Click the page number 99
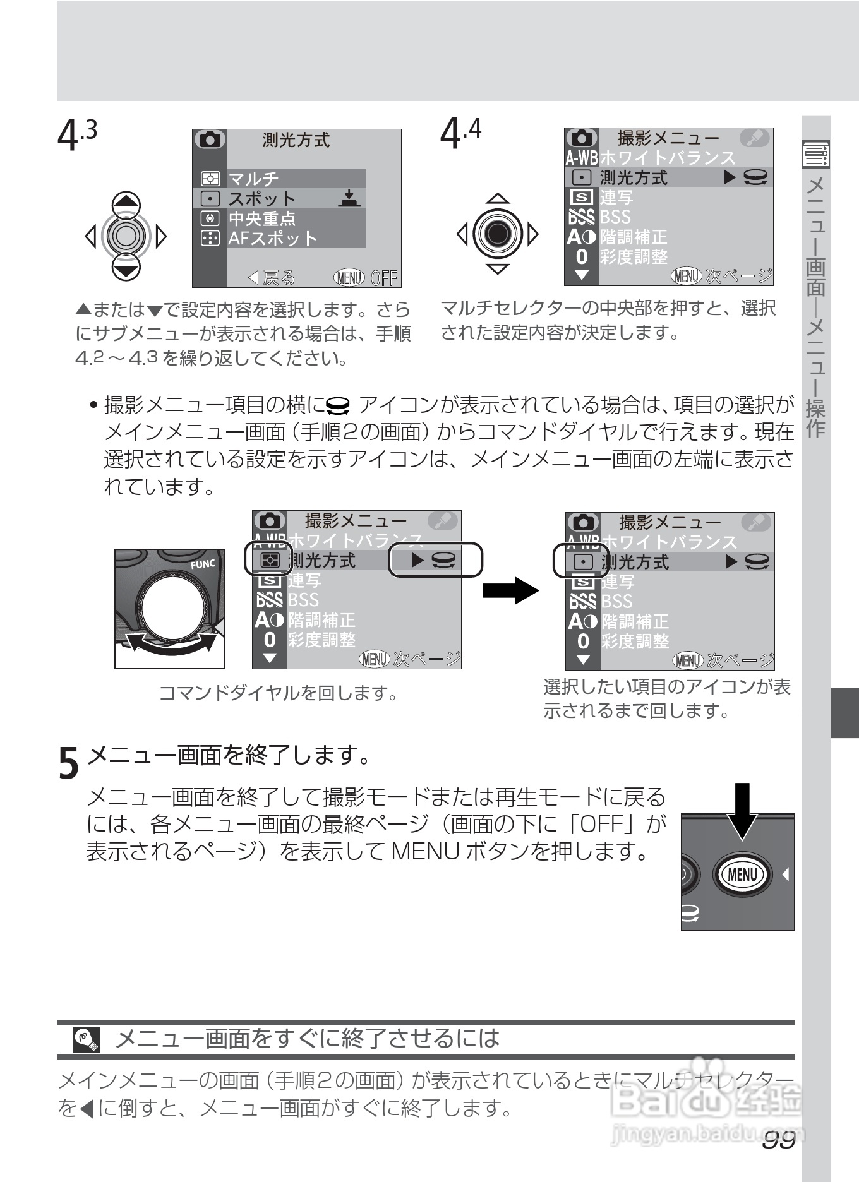(778, 1140)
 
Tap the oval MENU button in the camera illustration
(742, 875)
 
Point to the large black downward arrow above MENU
(743, 811)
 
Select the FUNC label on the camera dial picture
(203, 564)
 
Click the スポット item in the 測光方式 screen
(261, 199)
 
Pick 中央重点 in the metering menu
(262, 218)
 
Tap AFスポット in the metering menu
(272, 238)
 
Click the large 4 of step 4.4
(450, 134)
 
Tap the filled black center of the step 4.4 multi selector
(498, 234)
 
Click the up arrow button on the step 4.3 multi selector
(127, 205)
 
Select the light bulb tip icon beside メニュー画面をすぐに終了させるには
(87, 1039)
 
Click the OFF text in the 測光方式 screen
(384, 278)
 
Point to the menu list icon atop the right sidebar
(815, 154)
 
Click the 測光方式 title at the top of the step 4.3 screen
(296, 140)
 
